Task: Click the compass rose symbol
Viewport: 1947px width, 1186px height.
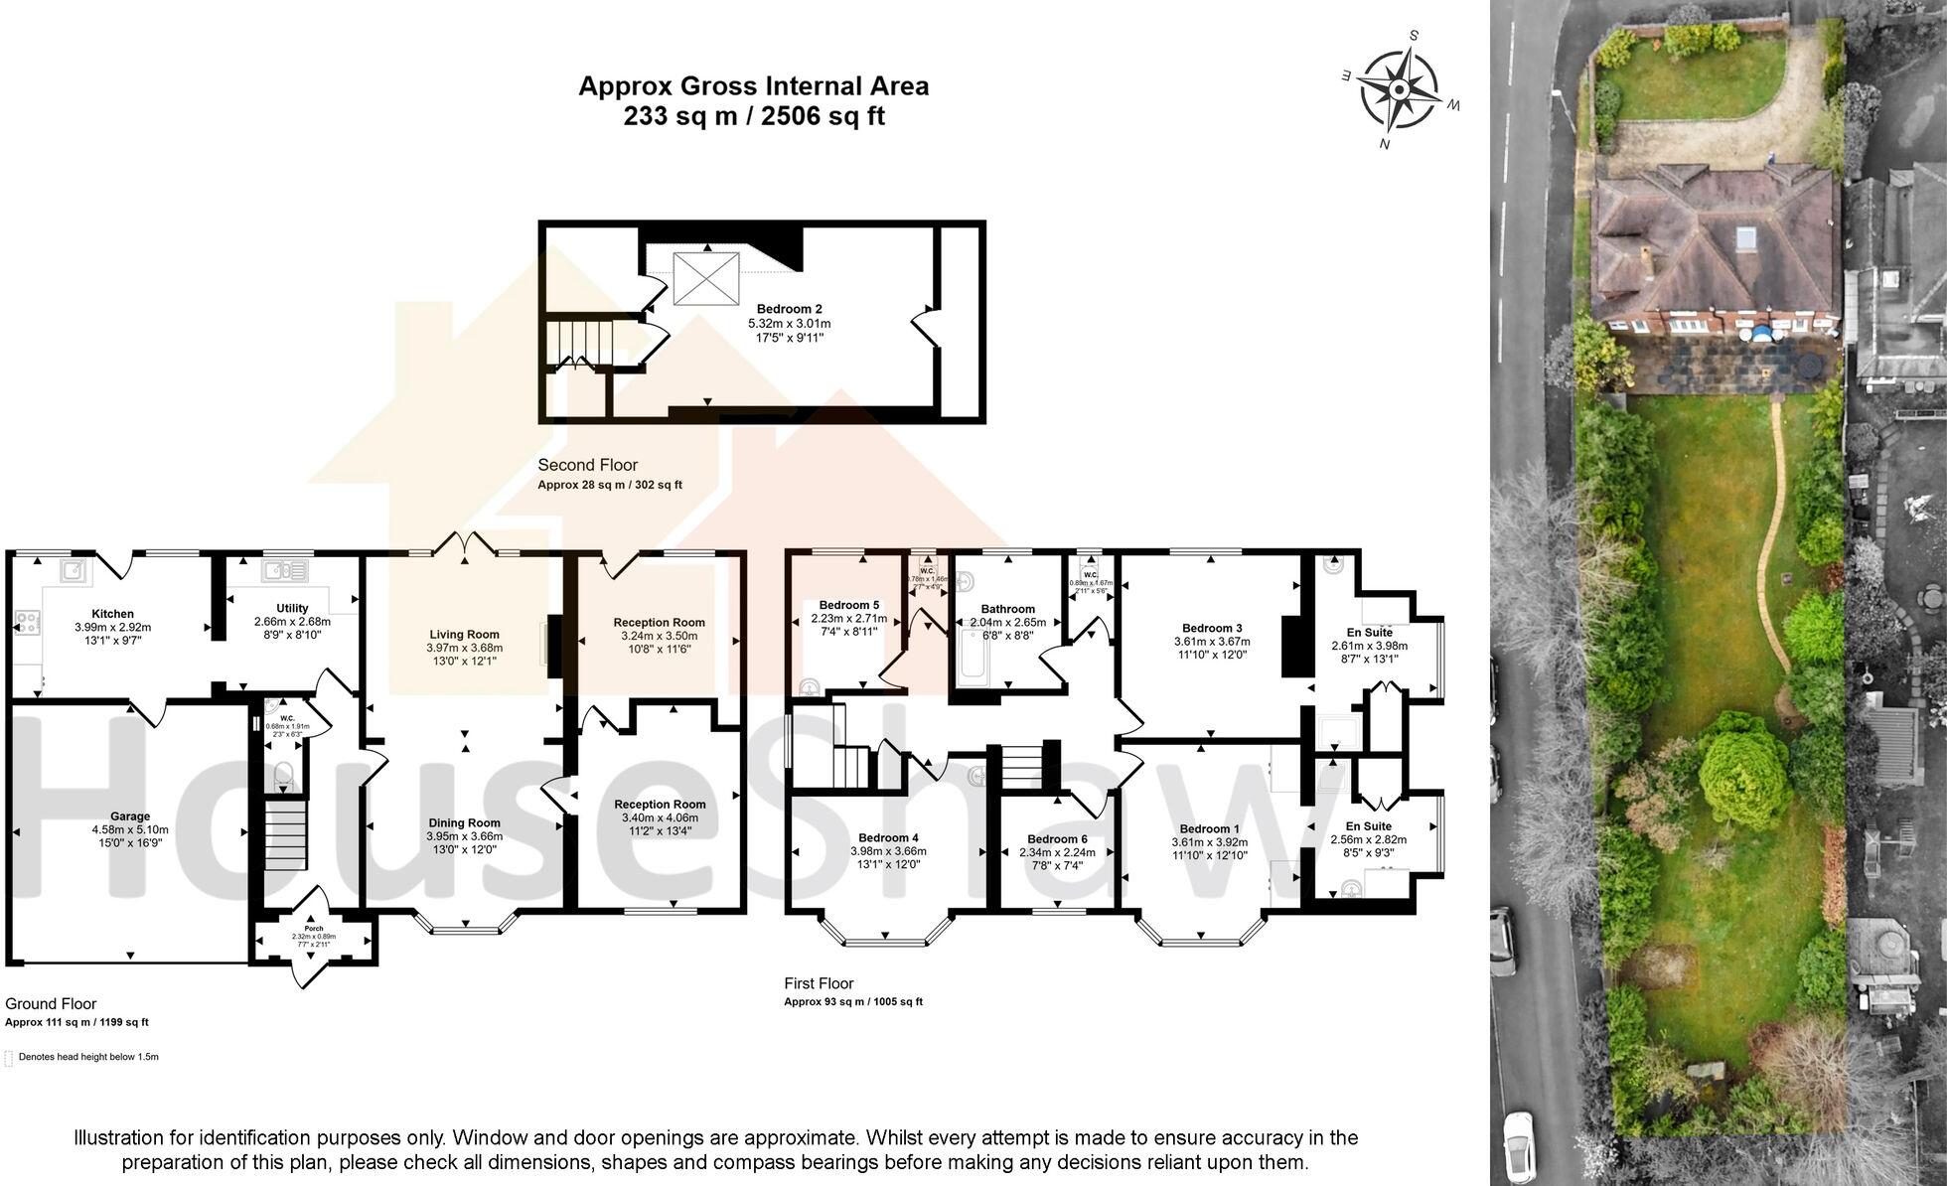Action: point(1399,90)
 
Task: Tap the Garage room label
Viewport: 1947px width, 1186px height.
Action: point(130,816)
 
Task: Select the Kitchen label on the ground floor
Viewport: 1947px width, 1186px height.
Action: point(112,614)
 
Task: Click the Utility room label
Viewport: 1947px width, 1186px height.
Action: point(292,608)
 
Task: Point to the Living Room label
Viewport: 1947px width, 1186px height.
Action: point(464,634)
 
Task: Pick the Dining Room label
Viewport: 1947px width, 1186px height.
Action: point(464,822)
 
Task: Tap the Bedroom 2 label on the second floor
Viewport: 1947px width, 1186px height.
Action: point(789,309)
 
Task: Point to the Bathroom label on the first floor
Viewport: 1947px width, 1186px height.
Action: point(1007,609)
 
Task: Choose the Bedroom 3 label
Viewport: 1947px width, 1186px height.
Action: point(1211,628)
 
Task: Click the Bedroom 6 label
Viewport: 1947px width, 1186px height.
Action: point(1057,839)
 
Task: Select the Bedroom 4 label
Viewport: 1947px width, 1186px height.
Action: point(888,837)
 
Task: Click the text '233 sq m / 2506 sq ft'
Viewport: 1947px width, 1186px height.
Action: point(754,116)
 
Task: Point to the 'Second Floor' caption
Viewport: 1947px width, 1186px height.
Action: point(587,465)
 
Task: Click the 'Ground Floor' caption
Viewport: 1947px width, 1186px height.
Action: point(51,1004)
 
